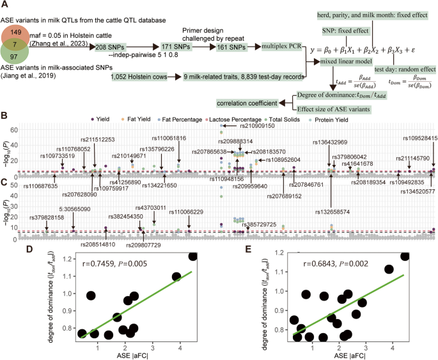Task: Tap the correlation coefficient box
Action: pos(247,102)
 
